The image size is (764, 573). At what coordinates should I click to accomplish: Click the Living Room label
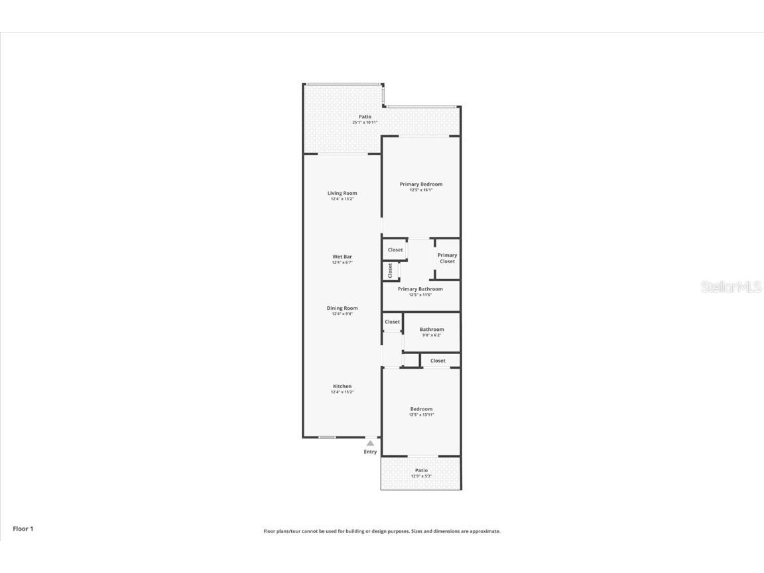342,194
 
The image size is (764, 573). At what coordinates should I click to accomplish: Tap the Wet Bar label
342,257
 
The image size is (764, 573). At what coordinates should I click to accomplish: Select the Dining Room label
342,308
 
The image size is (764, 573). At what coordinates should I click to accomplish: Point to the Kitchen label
342,387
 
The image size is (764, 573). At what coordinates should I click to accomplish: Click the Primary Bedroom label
420,184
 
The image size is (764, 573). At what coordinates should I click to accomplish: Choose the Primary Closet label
447,258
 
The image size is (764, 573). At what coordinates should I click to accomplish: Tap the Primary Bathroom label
420,289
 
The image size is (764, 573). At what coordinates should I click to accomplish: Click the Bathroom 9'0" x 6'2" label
432,330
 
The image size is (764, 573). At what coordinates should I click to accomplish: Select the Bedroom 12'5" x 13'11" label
421,409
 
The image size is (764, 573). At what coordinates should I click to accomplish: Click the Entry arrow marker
370,443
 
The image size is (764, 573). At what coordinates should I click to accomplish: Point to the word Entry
370,452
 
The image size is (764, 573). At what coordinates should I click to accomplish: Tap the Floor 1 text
23,529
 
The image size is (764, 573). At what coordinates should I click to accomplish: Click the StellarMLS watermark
731,287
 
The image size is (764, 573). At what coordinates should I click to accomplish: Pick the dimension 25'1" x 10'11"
365,123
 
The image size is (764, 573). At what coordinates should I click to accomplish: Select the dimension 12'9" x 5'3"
421,476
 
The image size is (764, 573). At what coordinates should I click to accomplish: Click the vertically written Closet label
391,270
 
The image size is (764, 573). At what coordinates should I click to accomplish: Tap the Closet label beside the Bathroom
393,322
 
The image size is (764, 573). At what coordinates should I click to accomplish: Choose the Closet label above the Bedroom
438,361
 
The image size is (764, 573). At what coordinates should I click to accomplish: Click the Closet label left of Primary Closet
395,250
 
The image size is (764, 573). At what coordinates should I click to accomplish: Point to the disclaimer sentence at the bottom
382,531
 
